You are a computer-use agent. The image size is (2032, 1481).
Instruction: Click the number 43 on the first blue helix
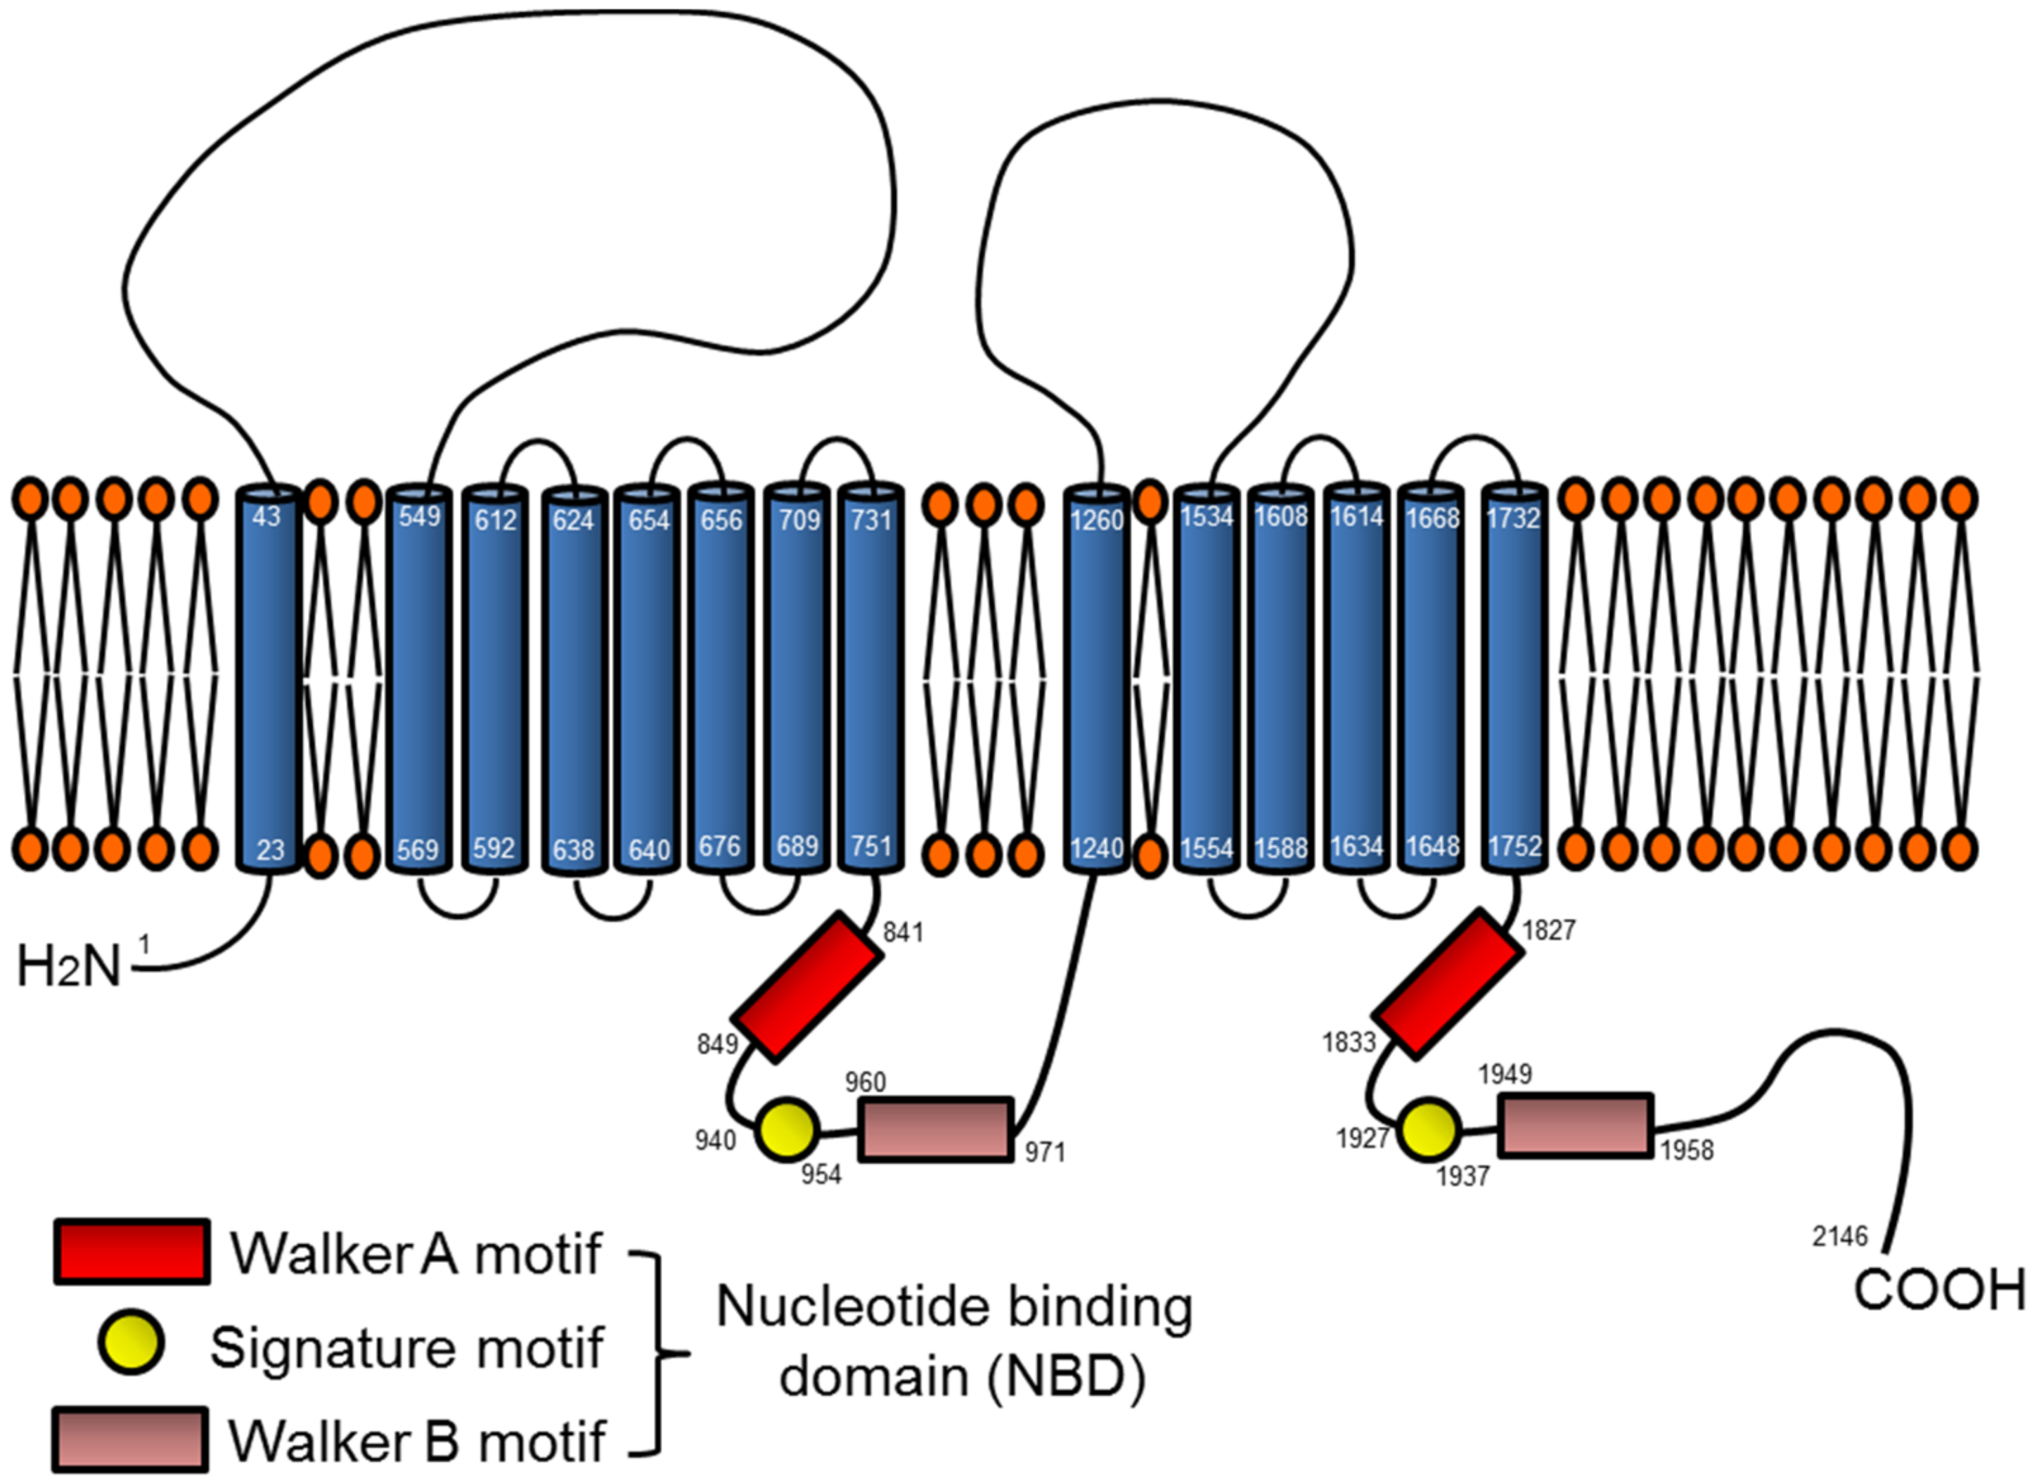[266, 516]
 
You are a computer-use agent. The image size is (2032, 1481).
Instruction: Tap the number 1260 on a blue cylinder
[1096, 519]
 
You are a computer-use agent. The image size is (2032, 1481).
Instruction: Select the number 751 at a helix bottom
[870, 845]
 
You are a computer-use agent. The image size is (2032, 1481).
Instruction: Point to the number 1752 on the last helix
[1514, 845]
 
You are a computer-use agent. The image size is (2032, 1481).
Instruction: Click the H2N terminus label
[69, 968]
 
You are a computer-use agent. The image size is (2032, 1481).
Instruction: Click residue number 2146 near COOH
[1839, 1236]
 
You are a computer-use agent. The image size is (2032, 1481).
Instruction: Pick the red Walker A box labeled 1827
[1447, 983]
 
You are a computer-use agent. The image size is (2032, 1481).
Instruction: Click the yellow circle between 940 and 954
[787, 1129]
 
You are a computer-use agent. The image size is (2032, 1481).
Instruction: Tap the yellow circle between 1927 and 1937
[1429, 1129]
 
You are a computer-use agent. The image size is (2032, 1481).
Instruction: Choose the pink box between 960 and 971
[936, 1129]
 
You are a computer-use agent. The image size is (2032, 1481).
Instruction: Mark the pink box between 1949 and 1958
[1576, 1125]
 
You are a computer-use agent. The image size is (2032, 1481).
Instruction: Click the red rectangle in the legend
[131, 1252]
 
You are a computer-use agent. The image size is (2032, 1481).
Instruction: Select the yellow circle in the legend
[131, 1344]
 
